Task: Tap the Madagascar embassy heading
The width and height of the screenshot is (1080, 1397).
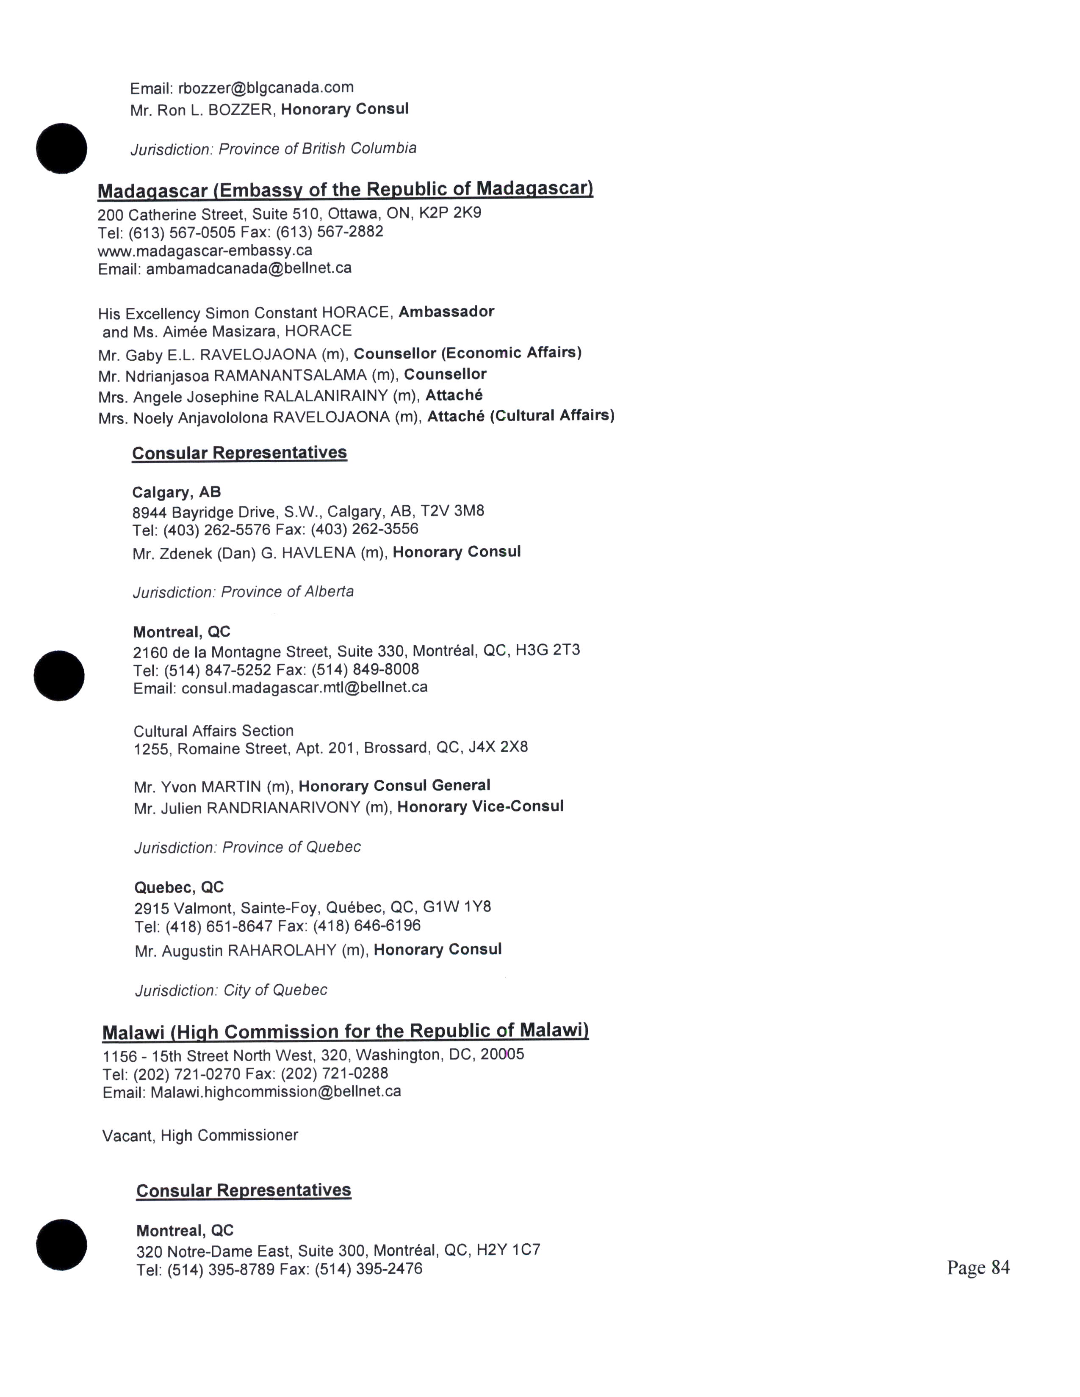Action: [345, 189]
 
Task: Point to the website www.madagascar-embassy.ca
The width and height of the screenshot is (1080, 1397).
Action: [205, 250]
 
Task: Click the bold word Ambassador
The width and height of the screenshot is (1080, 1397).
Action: [446, 312]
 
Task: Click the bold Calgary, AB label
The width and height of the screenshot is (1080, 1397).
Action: [176, 492]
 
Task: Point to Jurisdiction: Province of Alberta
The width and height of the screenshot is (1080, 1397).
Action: [243, 592]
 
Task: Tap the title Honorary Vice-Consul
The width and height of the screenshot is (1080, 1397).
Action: [480, 806]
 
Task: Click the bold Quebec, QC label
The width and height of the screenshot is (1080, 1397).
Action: [179, 887]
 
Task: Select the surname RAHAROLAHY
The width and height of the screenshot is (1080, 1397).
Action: [282, 950]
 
